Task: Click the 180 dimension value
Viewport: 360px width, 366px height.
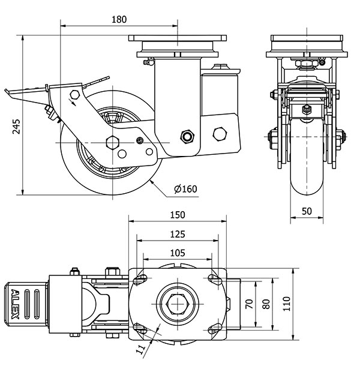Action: point(119,19)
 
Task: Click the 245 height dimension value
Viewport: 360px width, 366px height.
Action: point(16,125)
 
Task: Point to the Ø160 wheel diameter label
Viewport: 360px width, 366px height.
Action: point(185,190)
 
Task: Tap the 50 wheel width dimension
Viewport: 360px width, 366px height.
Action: point(307,211)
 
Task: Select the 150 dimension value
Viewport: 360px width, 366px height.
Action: point(178,215)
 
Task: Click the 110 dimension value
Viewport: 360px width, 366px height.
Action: point(287,304)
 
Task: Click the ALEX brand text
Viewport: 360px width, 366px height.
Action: point(16,304)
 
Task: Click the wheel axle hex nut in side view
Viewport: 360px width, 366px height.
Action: point(112,142)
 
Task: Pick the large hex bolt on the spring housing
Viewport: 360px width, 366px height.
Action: point(220,133)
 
